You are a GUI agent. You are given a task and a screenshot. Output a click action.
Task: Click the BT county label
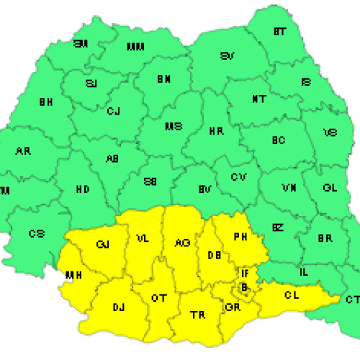(280, 32)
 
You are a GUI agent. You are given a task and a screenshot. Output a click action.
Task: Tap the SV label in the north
(228, 55)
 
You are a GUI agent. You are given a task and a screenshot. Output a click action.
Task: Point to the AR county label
(22, 151)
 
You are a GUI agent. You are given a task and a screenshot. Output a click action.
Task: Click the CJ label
(113, 111)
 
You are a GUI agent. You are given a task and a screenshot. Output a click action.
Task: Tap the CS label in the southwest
(36, 233)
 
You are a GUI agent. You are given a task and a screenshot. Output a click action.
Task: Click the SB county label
(150, 182)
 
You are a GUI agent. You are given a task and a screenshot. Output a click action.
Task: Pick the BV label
(204, 189)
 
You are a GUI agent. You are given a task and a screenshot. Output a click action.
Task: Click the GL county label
(330, 188)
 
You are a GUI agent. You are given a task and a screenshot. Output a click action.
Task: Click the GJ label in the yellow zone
(102, 244)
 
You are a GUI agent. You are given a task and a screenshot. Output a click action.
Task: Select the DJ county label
(119, 307)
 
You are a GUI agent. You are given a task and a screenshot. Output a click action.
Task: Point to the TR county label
(196, 315)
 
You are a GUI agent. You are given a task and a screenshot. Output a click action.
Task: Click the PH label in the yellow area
(240, 235)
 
